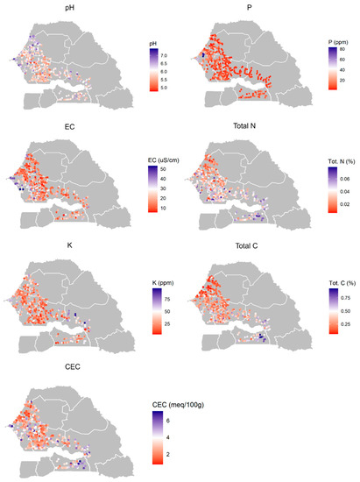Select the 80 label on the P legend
click(344, 51)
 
